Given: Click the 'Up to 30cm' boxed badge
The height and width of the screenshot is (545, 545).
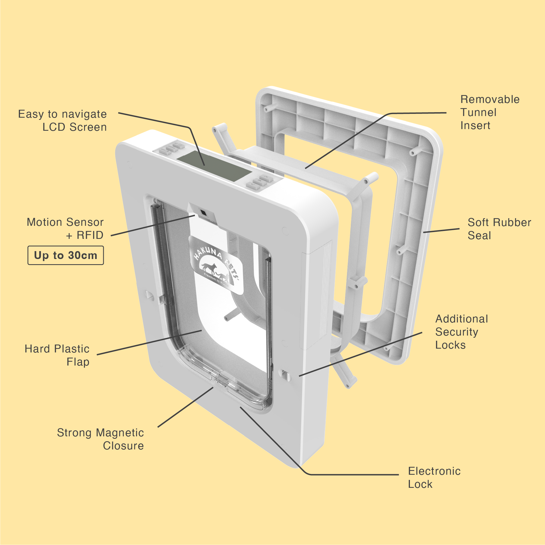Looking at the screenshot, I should [65, 255].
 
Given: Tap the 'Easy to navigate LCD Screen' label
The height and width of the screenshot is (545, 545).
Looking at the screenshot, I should [62, 120].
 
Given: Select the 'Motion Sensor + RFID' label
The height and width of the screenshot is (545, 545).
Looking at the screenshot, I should [65, 229].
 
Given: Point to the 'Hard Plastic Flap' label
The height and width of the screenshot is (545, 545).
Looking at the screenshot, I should [57, 355].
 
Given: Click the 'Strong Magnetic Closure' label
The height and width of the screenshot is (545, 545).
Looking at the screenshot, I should [101, 439].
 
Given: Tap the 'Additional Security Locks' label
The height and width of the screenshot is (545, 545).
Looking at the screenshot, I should [461, 332].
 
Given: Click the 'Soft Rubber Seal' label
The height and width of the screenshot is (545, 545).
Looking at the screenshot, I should [499, 229].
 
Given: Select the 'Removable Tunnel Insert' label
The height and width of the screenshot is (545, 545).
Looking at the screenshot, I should [490, 112].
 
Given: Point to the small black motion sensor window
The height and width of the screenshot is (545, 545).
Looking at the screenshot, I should [203, 212].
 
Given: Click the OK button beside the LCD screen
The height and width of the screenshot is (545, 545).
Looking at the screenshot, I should [259, 181].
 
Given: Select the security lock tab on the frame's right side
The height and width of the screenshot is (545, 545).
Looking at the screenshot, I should [285, 376].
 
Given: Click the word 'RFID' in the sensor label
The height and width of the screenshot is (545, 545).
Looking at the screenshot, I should [90, 235].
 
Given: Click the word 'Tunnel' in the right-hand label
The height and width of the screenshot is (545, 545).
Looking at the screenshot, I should [478, 112].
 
